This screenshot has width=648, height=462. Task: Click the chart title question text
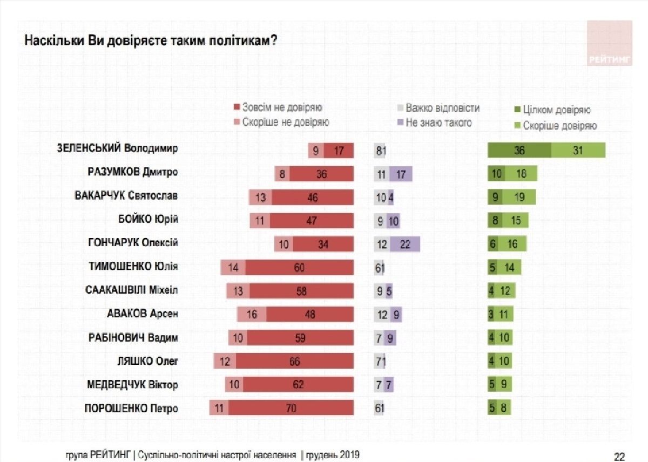point(151,42)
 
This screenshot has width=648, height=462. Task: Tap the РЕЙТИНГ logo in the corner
point(610,43)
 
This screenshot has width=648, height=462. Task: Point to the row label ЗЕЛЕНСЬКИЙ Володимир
point(117,149)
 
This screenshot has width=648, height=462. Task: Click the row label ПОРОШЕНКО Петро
point(131,408)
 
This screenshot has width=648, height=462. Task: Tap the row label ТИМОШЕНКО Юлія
point(133,266)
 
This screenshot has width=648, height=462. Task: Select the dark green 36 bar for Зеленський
point(519,151)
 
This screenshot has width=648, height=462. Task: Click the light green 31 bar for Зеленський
point(578,151)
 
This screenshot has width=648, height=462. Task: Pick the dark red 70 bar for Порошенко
point(291,408)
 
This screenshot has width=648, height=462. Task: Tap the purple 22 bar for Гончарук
point(405,244)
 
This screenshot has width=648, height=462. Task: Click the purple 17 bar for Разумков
point(400,174)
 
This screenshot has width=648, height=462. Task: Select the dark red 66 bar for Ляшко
point(294,361)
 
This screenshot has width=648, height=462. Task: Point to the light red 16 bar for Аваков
point(252,314)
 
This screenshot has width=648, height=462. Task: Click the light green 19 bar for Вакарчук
point(519,198)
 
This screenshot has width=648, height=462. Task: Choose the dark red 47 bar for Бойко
point(312,221)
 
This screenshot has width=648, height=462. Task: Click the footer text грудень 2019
point(333,455)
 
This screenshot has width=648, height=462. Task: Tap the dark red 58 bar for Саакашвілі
point(301,291)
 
